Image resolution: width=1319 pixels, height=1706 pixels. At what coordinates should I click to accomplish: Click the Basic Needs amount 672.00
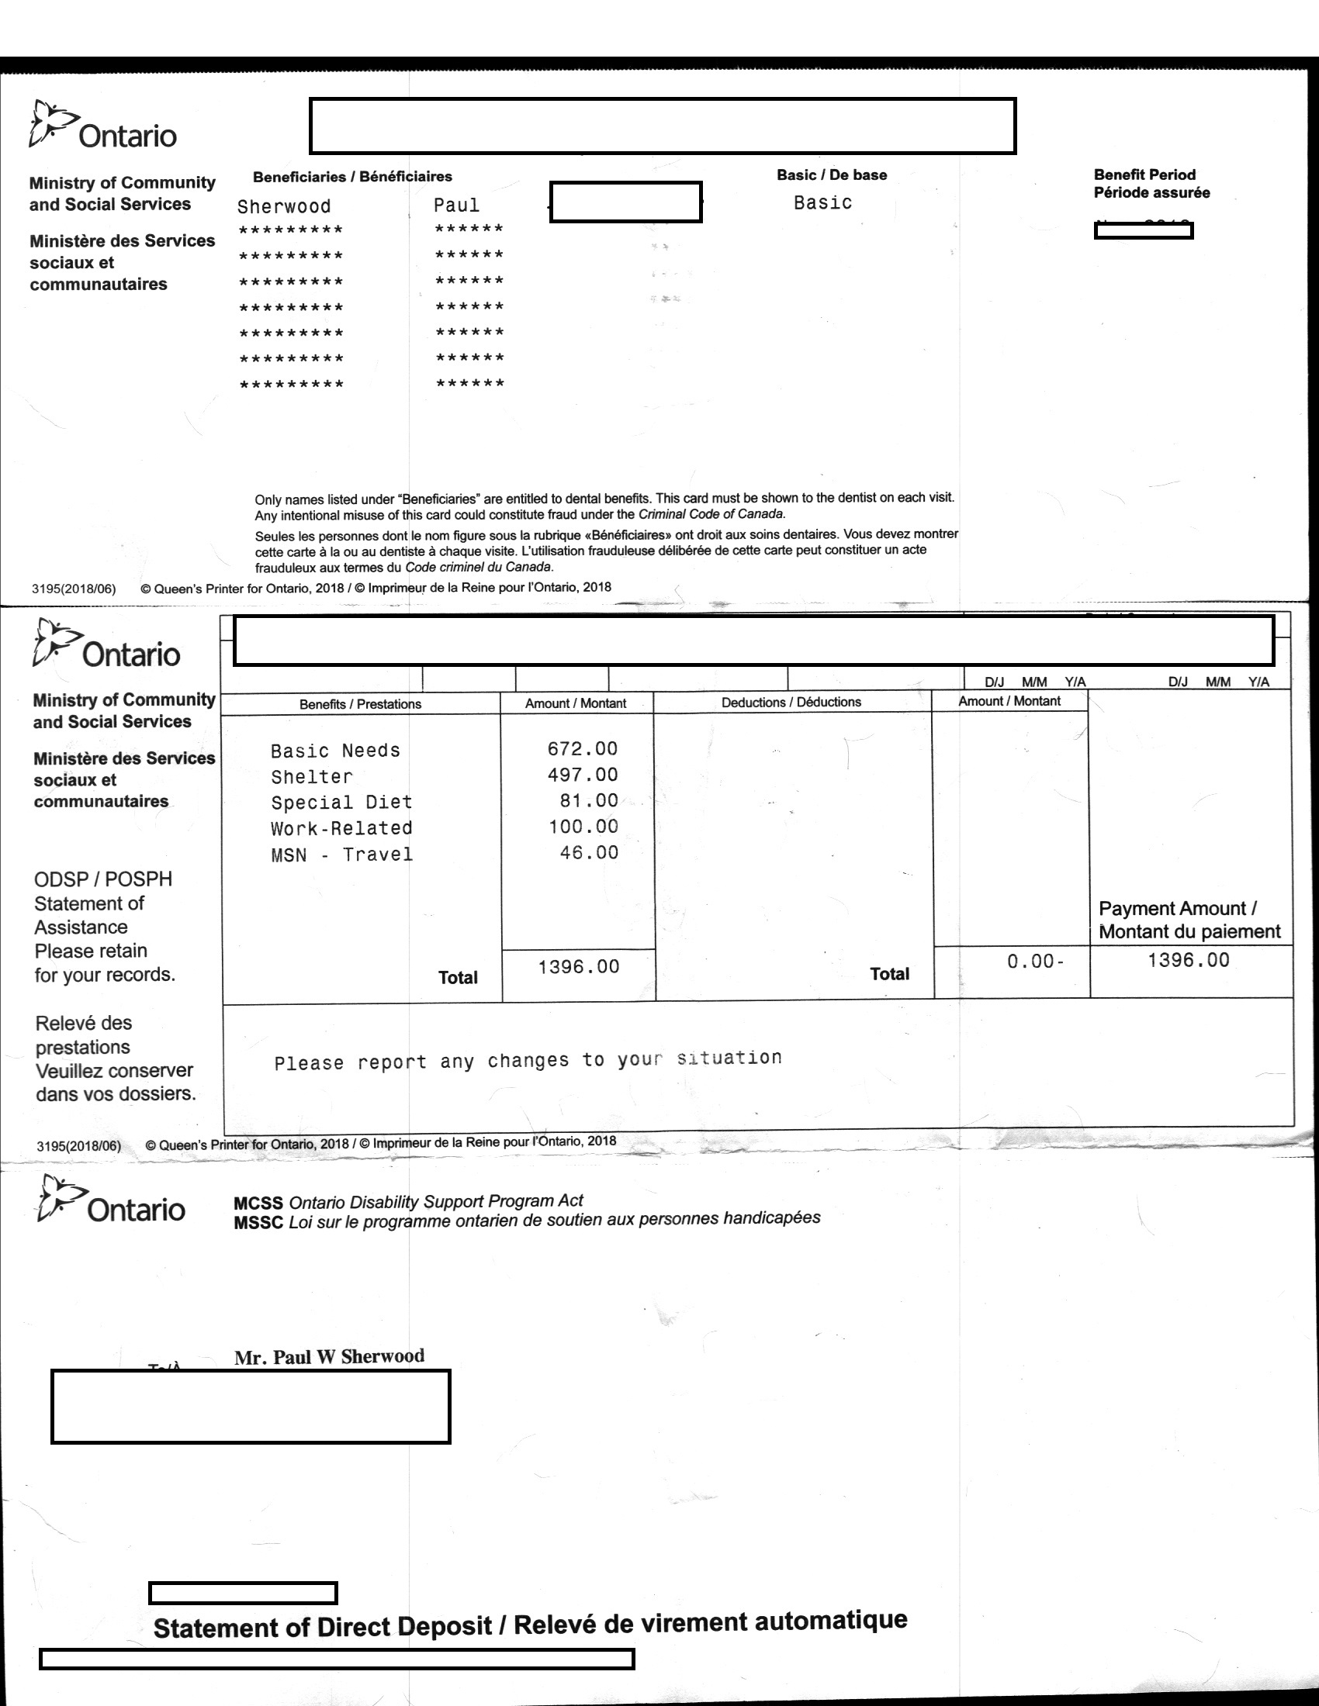582,749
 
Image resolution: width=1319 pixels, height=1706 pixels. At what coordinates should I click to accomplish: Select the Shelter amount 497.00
582,775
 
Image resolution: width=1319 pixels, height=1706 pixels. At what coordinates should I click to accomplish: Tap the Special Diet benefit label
341,803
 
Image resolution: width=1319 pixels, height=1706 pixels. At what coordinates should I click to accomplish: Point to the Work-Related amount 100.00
583,827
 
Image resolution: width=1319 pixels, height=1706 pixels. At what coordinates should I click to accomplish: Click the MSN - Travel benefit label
341,855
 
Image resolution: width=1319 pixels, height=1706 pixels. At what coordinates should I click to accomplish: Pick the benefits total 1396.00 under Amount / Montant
578,967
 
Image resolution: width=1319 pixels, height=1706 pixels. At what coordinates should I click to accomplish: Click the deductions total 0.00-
1034,962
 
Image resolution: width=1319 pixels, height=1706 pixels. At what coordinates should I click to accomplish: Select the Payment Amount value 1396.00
1188,960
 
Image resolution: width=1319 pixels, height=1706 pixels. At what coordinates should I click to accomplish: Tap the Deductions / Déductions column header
791,703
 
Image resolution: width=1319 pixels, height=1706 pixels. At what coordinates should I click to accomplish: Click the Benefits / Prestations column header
360,704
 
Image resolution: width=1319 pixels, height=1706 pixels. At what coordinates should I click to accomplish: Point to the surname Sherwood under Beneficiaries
284,206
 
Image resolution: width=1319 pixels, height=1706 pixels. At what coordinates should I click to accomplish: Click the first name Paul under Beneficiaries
456,205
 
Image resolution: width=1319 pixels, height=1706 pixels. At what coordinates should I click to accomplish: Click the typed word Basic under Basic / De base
822,203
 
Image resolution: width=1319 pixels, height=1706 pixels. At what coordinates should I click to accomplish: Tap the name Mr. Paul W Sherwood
329,1357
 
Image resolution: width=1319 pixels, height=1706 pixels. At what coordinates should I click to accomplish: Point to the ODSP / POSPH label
103,879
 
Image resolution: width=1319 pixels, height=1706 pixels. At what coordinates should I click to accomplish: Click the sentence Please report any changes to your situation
528,1060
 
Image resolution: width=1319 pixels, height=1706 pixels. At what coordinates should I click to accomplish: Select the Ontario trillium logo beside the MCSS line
61,1197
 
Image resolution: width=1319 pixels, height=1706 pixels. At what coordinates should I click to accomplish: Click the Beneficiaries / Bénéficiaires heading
352,177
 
